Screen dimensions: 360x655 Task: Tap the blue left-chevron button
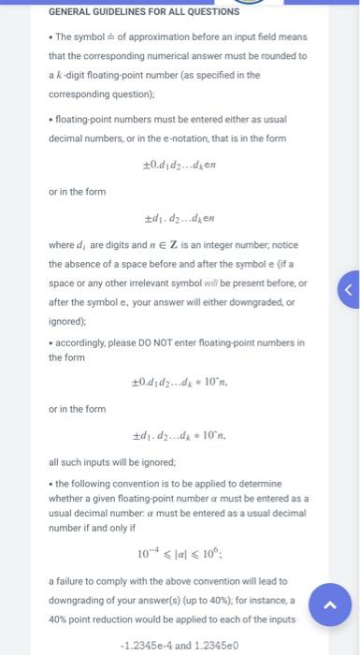point(349,264)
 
